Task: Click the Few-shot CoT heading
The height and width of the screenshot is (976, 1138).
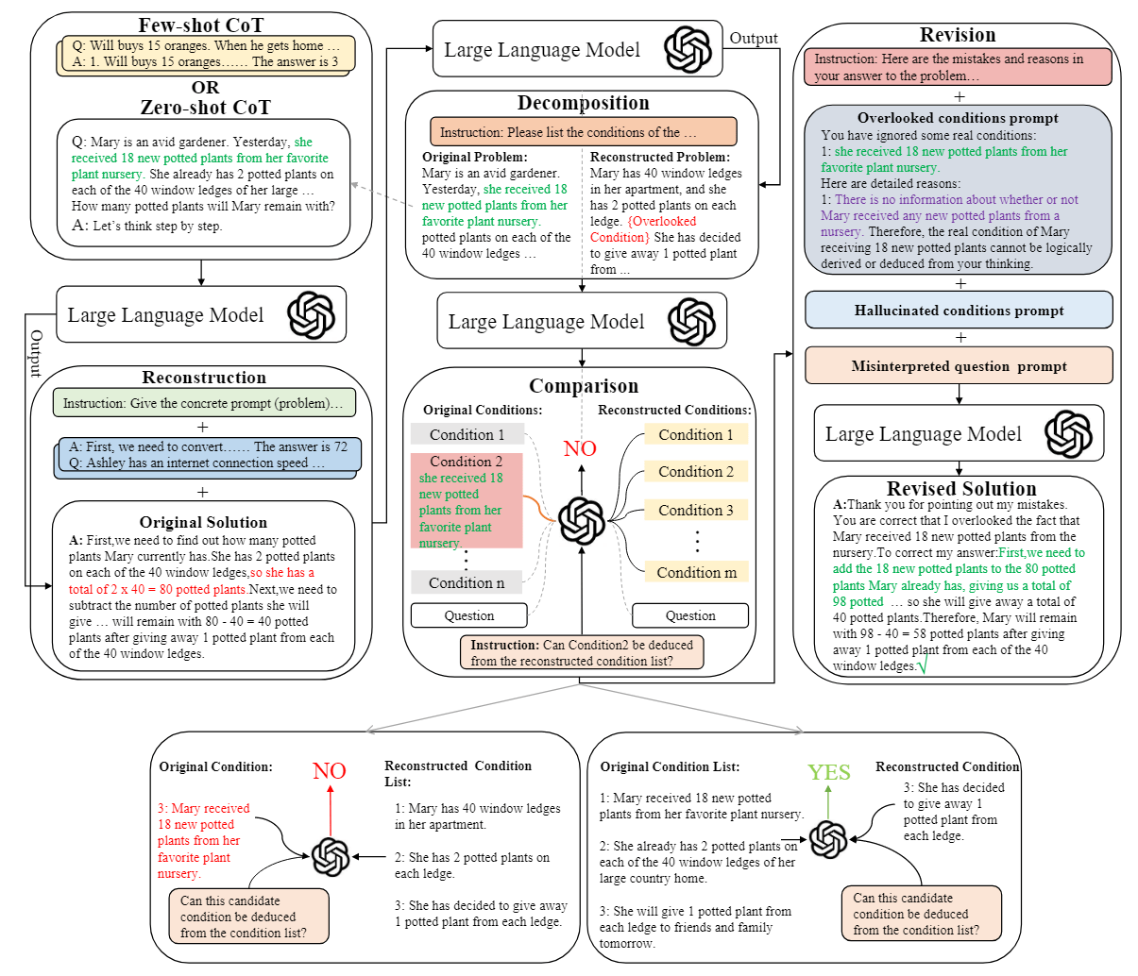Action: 201,25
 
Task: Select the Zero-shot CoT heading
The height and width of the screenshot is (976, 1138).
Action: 205,108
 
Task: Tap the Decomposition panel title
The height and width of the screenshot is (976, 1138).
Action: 583,103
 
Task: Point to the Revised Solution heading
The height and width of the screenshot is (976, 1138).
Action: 961,489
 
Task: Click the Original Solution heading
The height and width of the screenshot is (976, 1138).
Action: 203,522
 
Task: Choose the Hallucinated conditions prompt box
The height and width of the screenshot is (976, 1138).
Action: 959,311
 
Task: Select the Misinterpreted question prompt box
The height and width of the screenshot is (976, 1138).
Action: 959,366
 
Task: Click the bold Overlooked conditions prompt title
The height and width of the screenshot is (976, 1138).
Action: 958,118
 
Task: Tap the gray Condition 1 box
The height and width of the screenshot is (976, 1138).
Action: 467,434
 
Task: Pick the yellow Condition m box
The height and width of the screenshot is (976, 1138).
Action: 696,572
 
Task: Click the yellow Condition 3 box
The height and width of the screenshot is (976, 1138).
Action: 696,510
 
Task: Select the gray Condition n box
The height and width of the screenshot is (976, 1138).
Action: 467,582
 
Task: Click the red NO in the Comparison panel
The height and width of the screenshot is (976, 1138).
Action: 580,448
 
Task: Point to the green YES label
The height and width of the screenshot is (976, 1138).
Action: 829,772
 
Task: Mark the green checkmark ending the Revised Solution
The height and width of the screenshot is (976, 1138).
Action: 923,666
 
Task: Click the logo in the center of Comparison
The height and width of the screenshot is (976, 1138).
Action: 582,520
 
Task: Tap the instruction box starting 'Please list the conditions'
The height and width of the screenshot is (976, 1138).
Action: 583,132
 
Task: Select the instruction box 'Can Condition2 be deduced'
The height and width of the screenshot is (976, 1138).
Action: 582,652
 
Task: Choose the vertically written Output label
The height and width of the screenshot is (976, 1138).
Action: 36,353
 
